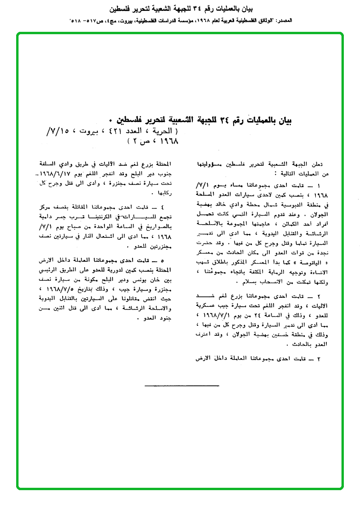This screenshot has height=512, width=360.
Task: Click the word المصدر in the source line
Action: pos(283,21)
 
